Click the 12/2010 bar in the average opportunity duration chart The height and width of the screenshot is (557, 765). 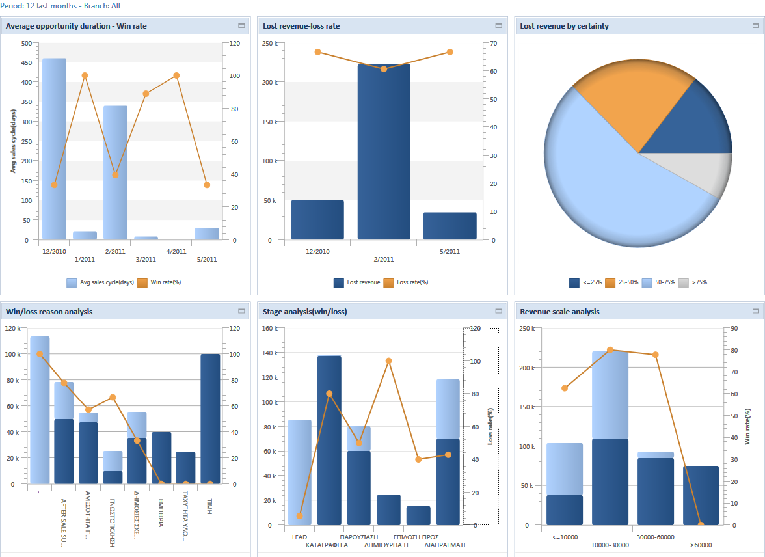(54, 149)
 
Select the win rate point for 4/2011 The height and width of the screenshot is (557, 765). (176, 75)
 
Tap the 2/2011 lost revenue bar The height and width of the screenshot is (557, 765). (384, 152)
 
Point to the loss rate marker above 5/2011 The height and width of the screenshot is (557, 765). (450, 52)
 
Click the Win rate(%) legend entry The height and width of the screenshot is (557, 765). (159, 282)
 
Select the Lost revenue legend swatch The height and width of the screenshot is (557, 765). (338, 282)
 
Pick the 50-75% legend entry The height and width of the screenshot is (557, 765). (658, 282)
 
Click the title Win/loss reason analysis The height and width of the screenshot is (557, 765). (49, 312)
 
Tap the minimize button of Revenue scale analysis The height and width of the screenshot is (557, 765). (755, 311)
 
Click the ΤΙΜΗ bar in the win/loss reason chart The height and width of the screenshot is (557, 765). (209, 419)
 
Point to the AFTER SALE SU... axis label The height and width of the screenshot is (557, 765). (64, 523)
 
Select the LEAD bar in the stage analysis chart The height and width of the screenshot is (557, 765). (299, 472)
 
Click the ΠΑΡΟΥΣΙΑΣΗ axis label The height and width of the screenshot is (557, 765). (359, 537)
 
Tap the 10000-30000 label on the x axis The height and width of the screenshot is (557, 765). (610, 545)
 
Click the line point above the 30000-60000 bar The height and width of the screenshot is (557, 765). (655, 355)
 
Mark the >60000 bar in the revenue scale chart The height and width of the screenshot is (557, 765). (701, 495)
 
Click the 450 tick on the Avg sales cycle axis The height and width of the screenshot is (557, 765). (26, 62)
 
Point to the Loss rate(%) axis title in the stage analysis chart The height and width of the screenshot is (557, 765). (490, 426)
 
